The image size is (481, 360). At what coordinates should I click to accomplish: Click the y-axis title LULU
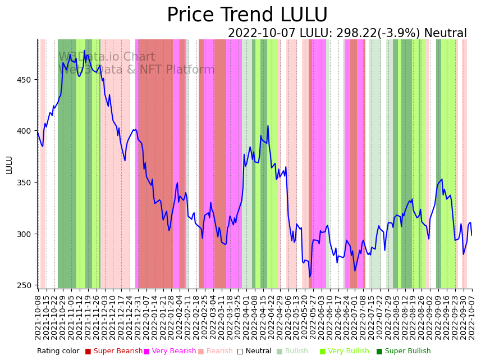(x=9, y=165)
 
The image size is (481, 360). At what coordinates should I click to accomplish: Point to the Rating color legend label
(x=58, y=351)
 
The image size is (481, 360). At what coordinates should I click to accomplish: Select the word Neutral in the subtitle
(x=445, y=34)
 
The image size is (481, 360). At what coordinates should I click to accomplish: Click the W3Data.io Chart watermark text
(x=107, y=57)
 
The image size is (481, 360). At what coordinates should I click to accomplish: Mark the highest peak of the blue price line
(x=85, y=51)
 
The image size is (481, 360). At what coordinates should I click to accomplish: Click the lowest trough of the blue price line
(x=309, y=277)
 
